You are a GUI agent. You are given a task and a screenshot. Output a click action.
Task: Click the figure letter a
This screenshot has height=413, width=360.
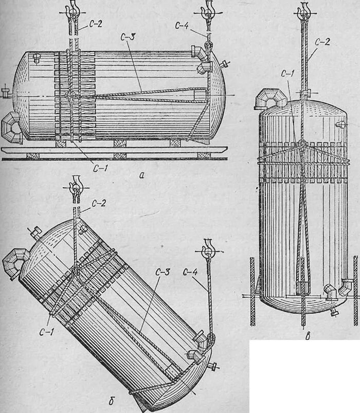tap(141, 175)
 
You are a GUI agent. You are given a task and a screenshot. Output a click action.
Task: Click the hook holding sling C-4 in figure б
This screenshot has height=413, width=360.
tap(208, 248)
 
